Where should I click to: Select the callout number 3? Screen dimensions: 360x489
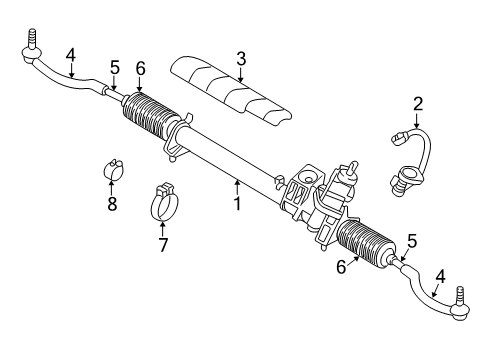[239, 59]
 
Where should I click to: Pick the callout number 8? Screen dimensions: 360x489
[112, 204]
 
